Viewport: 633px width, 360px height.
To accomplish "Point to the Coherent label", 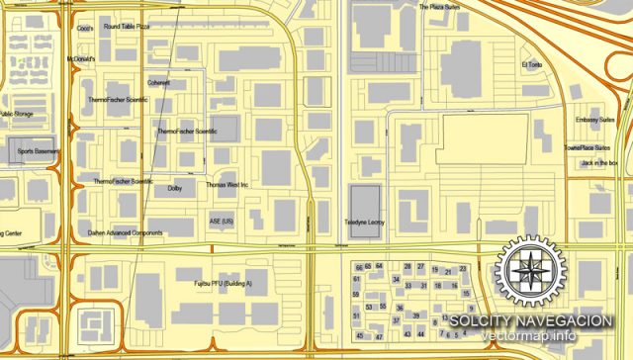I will (x=158, y=83).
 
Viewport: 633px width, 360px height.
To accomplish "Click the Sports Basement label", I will (x=39, y=152).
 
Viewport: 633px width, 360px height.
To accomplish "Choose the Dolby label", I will (x=175, y=187).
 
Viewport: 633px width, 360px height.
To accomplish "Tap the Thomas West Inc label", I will (x=226, y=185).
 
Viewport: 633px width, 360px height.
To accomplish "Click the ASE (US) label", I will (x=222, y=220).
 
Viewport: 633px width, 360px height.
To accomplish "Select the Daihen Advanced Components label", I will (x=125, y=233).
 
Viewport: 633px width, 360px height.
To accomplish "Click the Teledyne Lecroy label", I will (x=364, y=224).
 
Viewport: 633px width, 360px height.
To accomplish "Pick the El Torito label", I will (x=533, y=66).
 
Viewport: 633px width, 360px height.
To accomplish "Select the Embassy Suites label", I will (x=595, y=121).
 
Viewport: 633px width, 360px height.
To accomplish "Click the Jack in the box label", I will (x=599, y=162).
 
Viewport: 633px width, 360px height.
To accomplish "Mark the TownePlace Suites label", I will (x=586, y=147).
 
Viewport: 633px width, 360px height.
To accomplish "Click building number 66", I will (x=358, y=267).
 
